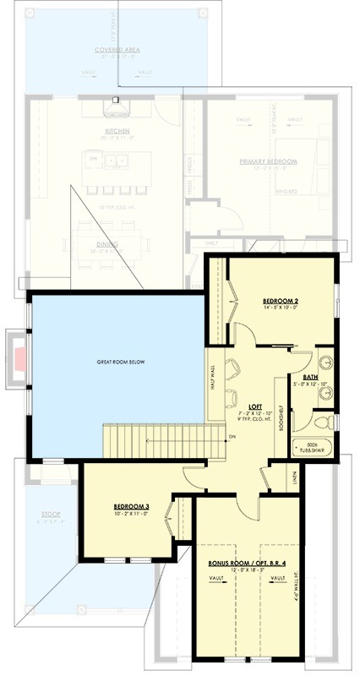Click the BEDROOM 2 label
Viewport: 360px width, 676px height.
coord(280,301)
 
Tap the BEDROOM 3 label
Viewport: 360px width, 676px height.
coord(132,507)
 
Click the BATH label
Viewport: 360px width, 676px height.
coord(311,377)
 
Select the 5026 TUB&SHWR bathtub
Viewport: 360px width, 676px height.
coord(313,449)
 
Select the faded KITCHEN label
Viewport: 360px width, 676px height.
coord(117,132)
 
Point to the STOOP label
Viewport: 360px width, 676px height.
coord(52,514)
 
